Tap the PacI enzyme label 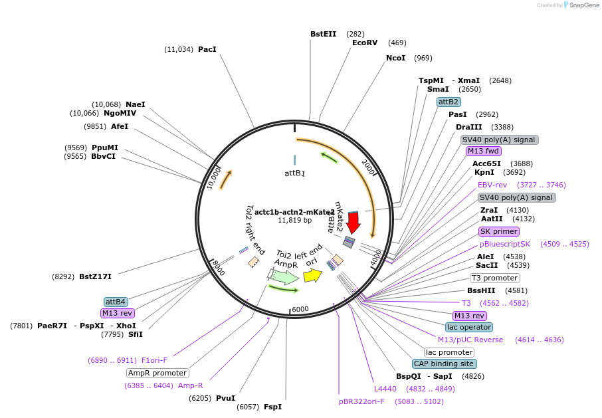[x=207, y=49]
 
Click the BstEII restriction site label [x=324, y=34]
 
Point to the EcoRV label [x=365, y=43]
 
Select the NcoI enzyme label [x=395, y=58]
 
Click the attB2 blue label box [x=449, y=102]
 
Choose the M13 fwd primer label [x=483, y=151]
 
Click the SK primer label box [x=499, y=231]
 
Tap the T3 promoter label [x=494, y=278]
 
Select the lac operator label [x=469, y=327]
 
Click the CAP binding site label [x=444, y=364]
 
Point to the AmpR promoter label [x=157, y=373]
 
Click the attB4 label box [x=116, y=302]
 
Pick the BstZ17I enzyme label [x=95, y=276]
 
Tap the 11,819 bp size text [x=294, y=220]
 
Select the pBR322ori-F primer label [x=361, y=401]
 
